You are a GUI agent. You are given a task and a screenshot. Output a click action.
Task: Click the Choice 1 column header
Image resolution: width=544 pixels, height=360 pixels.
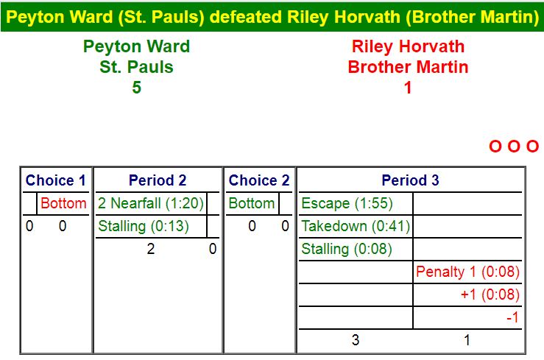tap(55, 180)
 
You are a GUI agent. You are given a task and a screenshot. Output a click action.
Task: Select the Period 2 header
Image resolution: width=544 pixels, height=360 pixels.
tap(158, 180)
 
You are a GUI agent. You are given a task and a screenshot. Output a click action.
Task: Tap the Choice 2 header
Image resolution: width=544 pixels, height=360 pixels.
tap(259, 180)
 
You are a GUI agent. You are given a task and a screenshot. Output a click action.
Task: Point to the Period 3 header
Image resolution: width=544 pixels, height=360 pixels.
tap(411, 180)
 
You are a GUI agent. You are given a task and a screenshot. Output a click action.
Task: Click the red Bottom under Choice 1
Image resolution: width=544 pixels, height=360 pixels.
tap(63, 203)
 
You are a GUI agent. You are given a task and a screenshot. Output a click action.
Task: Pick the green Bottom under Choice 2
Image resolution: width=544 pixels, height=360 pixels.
tap(252, 203)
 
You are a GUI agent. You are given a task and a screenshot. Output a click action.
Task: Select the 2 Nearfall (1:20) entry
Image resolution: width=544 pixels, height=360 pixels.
tap(151, 203)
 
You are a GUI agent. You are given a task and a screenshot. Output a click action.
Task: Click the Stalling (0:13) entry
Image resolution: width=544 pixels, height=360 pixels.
tap(144, 226)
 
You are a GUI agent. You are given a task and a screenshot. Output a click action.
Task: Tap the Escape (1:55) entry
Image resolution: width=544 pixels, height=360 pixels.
tap(347, 203)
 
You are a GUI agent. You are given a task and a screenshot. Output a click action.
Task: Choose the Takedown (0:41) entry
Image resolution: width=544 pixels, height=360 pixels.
tap(356, 226)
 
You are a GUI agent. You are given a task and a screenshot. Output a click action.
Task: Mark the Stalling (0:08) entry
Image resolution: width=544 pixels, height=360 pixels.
tap(347, 249)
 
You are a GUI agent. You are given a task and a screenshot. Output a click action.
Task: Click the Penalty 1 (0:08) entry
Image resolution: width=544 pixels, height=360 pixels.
tap(467, 272)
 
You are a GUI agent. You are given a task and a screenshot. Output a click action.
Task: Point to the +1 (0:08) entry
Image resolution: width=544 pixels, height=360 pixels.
tap(490, 294)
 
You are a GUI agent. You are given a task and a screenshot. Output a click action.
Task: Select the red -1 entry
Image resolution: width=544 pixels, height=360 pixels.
tap(512, 317)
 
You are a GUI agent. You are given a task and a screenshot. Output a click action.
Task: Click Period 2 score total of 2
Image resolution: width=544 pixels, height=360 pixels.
tap(151, 249)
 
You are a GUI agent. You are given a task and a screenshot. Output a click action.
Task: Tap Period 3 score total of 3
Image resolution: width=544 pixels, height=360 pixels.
tap(356, 340)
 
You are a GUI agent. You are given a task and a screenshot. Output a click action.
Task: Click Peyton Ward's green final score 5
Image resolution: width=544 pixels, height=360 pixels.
tap(137, 88)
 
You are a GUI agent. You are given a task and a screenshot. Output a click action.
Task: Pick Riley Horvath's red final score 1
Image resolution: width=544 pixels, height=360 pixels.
tap(408, 88)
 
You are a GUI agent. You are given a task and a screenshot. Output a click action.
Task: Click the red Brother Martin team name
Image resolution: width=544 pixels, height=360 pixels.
tap(408, 67)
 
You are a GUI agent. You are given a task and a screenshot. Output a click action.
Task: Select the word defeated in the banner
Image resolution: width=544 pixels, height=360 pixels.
tap(246, 17)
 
